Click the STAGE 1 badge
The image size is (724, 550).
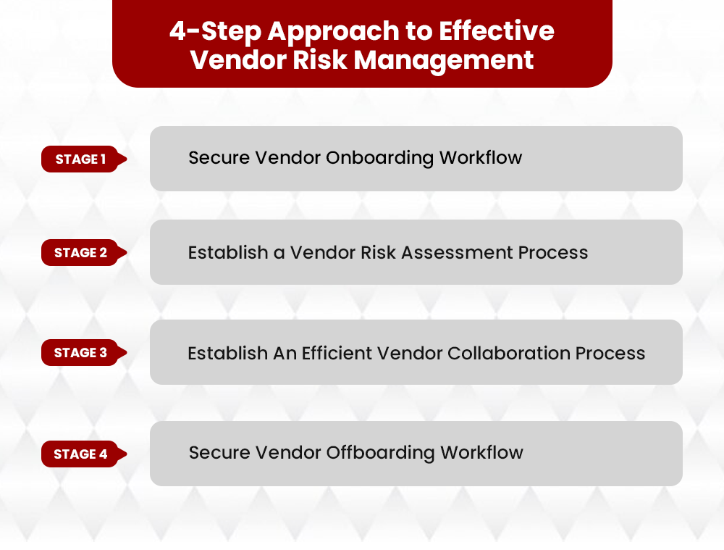pos(80,159)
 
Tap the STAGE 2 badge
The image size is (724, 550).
pos(80,253)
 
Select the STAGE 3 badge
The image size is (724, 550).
pos(80,353)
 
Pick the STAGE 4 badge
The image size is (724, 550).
pos(80,454)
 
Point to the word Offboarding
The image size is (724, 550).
pos(382,453)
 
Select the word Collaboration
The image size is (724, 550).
pos(508,353)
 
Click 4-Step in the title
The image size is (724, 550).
pos(214,31)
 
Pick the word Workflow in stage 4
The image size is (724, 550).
pos(481,453)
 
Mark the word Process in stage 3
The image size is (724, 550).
pos(610,353)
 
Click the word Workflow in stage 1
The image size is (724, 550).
pos(481,158)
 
